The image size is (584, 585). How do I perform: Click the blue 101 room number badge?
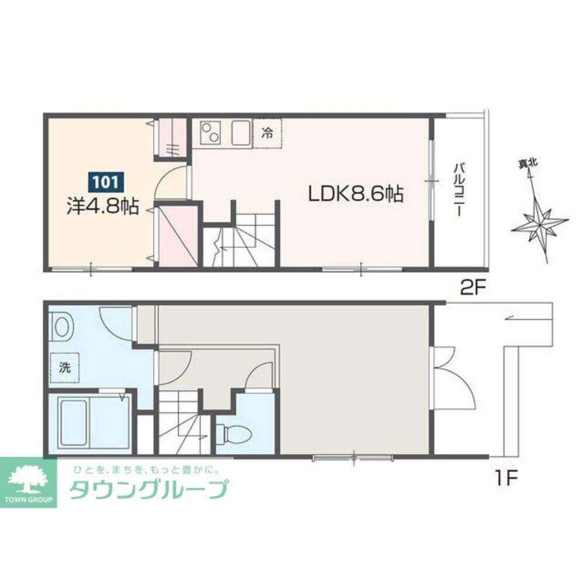(106, 182)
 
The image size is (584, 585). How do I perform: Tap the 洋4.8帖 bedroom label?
(103, 206)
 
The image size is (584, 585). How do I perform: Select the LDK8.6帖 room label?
(356, 194)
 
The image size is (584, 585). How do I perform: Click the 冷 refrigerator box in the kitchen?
(267, 133)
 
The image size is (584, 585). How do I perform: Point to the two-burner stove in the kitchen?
(210, 133)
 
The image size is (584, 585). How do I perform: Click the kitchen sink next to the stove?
(241, 133)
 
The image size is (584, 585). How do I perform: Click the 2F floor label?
(473, 288)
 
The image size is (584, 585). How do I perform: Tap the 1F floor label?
(506, 478)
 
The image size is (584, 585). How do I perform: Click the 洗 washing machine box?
(64, 368)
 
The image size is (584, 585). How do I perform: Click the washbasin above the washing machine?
(61, 327)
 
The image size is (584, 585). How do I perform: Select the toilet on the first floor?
(234, 433)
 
